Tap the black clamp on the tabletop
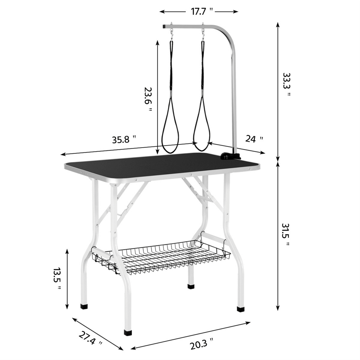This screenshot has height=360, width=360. [229, 156]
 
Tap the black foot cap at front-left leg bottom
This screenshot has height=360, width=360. [128, 332]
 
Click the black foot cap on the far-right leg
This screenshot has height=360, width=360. [240, 309]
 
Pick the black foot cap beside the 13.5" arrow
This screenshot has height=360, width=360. [84, 307]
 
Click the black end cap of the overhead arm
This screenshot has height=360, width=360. [164, 26]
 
